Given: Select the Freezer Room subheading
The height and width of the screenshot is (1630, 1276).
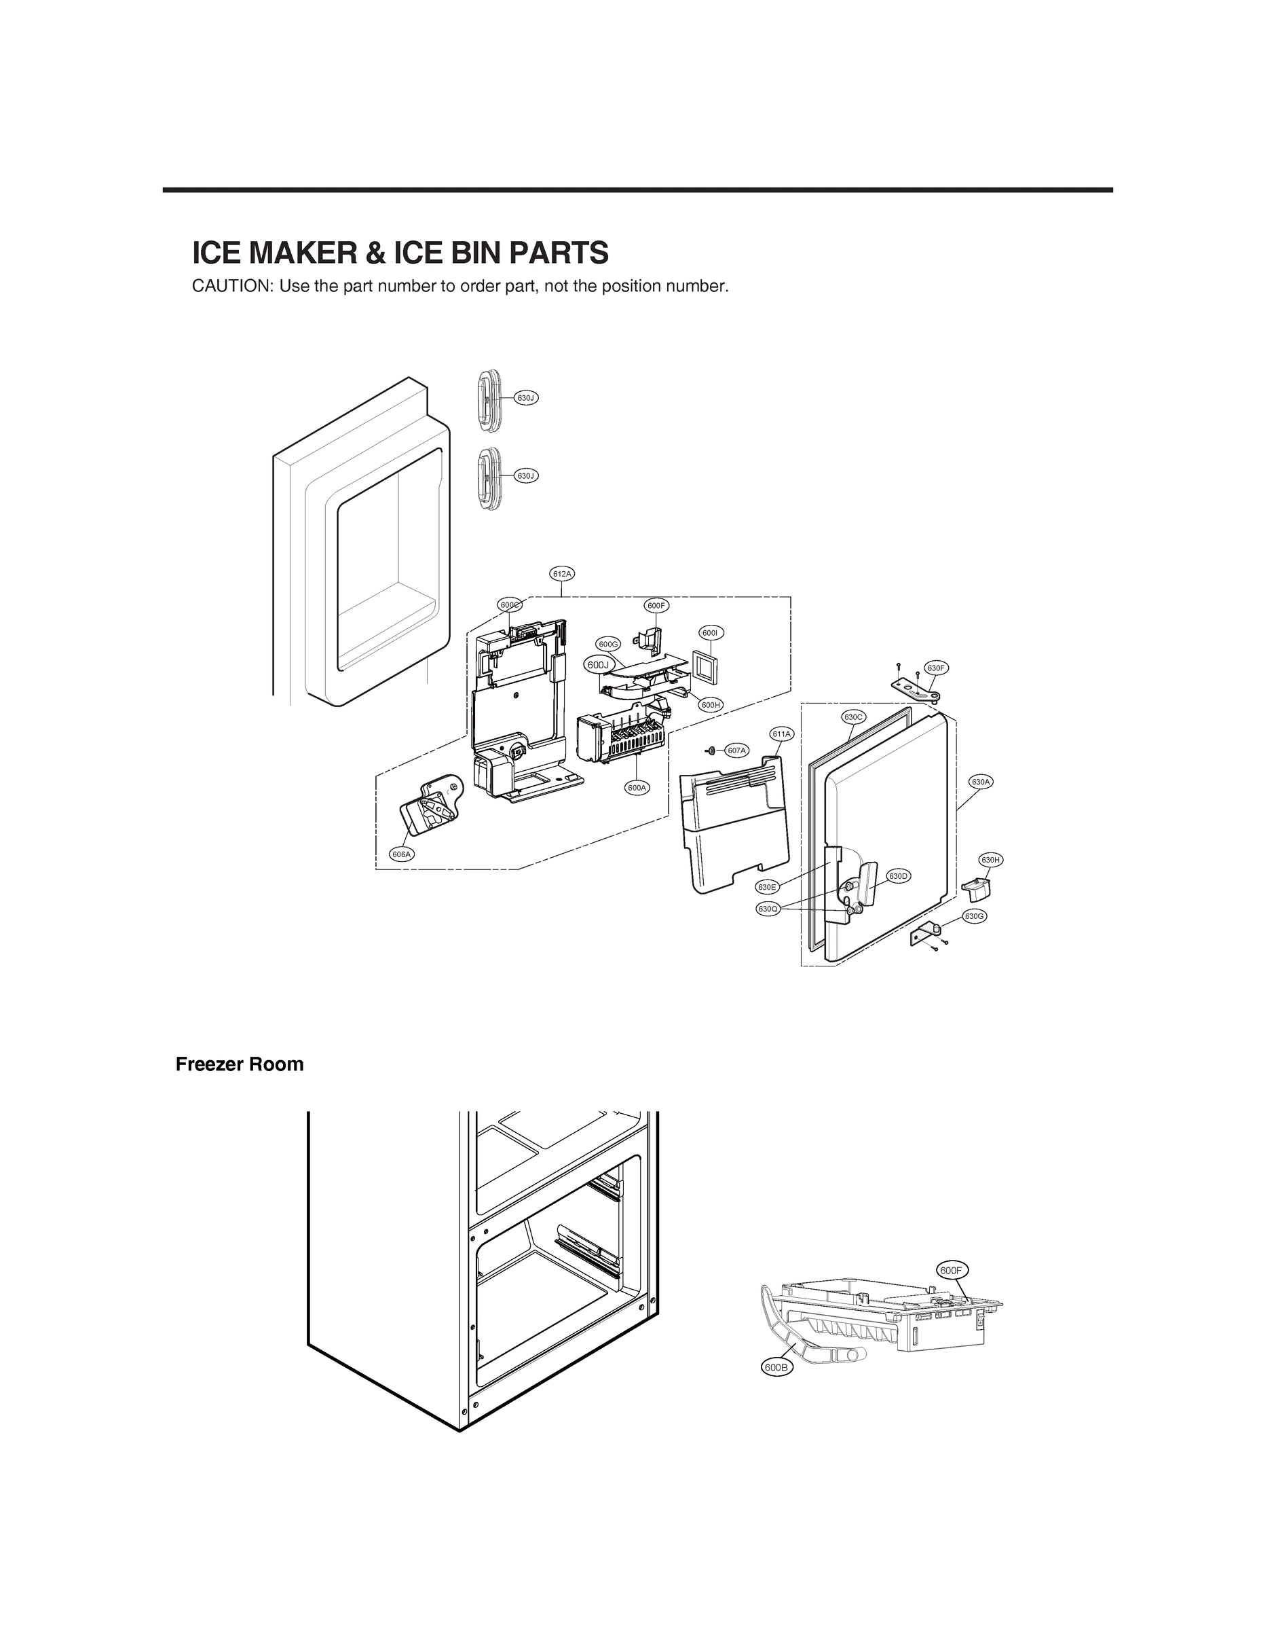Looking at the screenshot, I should [239, 1064].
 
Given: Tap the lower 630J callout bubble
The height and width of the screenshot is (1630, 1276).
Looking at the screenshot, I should [526, 475].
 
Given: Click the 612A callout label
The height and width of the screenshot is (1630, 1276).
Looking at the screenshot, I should [562, 573].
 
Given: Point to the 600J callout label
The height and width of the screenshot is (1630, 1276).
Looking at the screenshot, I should [598, 664].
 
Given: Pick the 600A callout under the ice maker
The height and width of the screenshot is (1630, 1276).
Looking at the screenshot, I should [637, 788].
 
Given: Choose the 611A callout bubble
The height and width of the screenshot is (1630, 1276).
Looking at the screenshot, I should [781, 734].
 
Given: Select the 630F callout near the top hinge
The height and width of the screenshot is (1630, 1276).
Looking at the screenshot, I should [936, 668].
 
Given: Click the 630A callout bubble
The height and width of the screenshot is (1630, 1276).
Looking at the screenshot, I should [981, 782].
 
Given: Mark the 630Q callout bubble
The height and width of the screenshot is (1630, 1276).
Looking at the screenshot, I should [767, 909].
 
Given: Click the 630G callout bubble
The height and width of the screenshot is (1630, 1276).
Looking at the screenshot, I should [973, 916].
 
